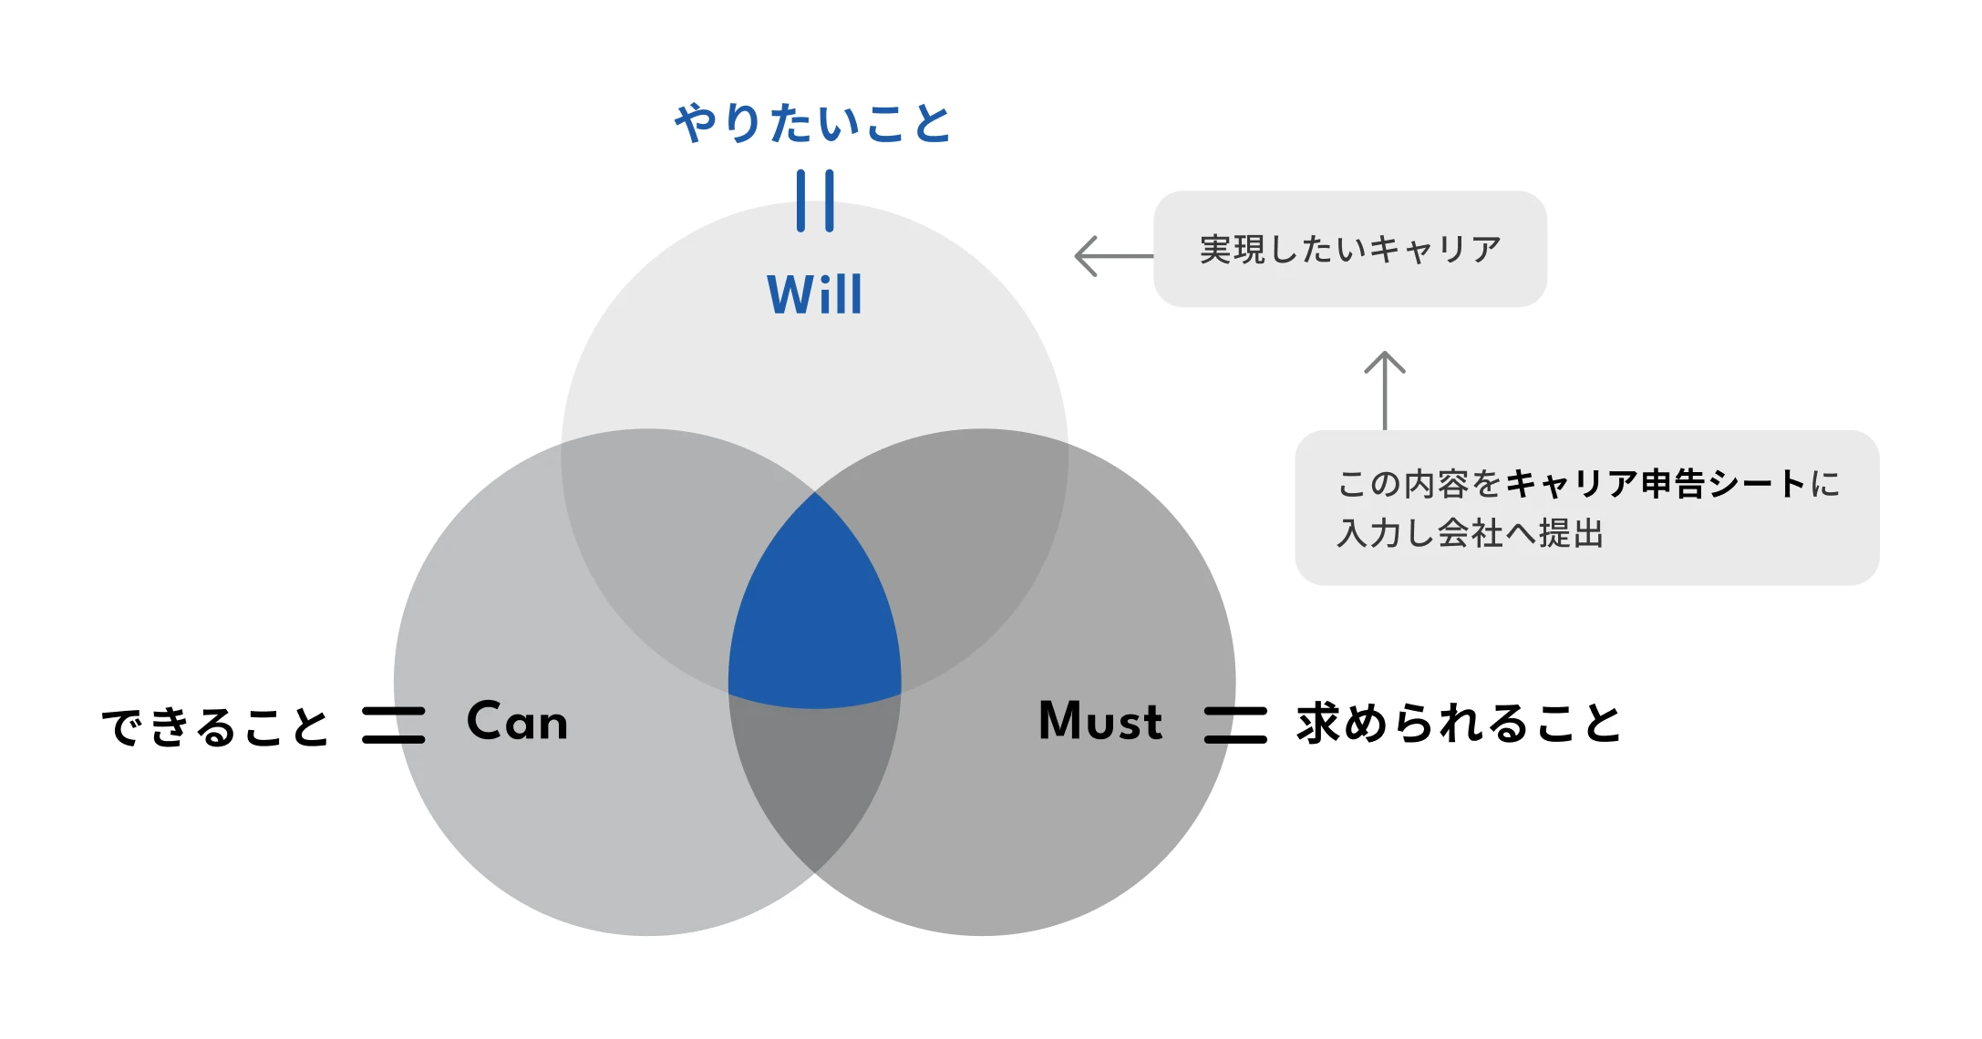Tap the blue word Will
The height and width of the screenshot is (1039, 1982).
(x=814, y=293)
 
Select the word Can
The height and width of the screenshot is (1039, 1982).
(x=517, y=721)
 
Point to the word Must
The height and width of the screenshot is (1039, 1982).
(x=1100, y=721)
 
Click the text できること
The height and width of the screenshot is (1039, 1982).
(x=215, y=726)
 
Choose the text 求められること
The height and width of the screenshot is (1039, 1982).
(x=1459, y=724)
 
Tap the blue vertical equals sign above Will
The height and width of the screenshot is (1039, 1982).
(x=815, y=201)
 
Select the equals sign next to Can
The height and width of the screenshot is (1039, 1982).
(x=394, y=725)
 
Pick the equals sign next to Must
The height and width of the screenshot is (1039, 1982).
(x=1235, y=725)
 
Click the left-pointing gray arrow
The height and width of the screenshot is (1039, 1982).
(x=1114, y=256)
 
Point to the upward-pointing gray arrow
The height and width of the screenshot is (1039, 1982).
(x=1385, y=390)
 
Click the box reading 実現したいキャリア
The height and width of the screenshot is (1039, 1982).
(x=1350, y=249)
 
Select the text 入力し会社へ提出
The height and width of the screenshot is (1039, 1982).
(x=1471, y=533)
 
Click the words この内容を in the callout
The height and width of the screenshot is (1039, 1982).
(x=1419, y=483)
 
